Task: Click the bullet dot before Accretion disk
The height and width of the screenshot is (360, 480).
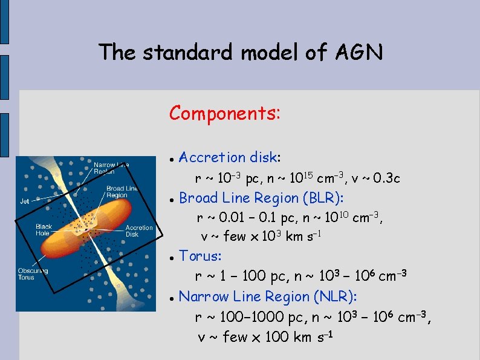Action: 172,159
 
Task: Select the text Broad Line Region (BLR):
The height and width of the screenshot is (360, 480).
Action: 262,198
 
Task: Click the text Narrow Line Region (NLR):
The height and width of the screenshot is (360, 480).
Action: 268,296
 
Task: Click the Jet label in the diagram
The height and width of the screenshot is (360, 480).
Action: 25,201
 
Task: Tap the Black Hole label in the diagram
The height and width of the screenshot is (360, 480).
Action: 44,230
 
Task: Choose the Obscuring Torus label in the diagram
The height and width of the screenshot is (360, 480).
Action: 33,273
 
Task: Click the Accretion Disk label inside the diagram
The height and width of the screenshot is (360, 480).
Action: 139,231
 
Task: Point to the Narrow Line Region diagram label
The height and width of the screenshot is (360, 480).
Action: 111,168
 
